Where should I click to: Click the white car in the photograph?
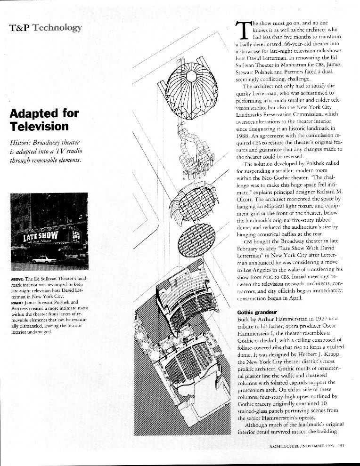tap(44, 259)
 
